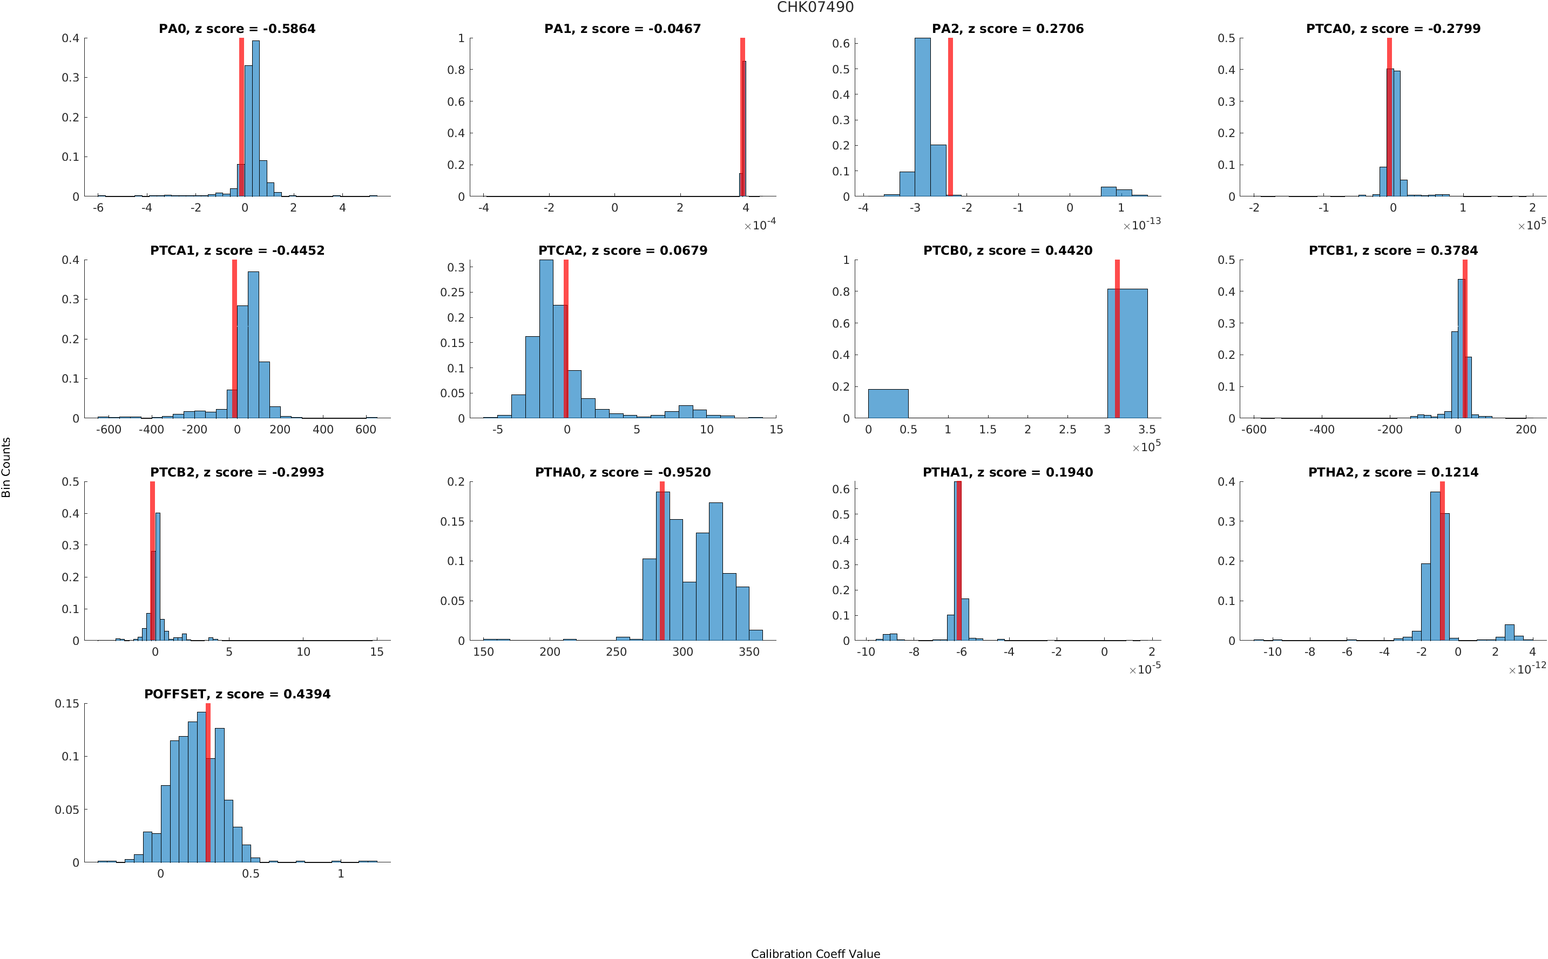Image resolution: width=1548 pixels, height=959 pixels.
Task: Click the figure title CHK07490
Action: pyautogui.click(x=815, y=7)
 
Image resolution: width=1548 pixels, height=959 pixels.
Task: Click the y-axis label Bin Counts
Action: pyautogui.click(x=6, y=467)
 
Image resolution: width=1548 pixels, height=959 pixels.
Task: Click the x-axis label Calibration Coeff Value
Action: pyautogui.click(x=815, y=953)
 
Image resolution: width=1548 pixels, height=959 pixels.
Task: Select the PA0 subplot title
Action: pyautogui.click(x=236, y=29)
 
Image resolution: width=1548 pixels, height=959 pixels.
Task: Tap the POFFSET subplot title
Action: pyautogui.click(x=237, y=694)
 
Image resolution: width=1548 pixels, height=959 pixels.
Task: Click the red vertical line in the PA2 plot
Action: pyautogui.click(x=950, y=117)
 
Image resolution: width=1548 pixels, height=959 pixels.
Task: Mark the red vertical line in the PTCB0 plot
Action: pyautogui.click(x=1117, y=339)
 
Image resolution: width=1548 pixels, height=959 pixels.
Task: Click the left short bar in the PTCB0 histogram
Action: pyautogui.click(x=888, y=403)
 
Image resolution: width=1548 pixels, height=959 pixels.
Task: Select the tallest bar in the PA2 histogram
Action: pyautogui.click(x=922, y=117)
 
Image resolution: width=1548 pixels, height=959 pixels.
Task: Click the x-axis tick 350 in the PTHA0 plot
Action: pyautogui.click(x=749, y=651)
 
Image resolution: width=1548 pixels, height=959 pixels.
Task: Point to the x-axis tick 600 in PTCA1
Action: pyautogui.click(x=366, y=430)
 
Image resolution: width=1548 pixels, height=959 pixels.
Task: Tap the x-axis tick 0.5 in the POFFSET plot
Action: pyautogui.click(x=251, y=873)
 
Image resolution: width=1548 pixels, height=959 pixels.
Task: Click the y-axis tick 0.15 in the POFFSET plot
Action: pyautogui.click(x=67, y=703)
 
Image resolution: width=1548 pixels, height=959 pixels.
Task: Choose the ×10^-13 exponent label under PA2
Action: pyautogui.click(x=1142, y=224)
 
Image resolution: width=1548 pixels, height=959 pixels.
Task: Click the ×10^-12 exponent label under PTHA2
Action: pyautogui.click(x=1527, y=668)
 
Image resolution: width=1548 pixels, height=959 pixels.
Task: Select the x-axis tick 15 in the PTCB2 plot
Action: pyautogui.click(x=377, y=651)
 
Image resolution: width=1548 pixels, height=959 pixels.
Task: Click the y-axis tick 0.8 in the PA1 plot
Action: pyautogui.click(x=456, y=70)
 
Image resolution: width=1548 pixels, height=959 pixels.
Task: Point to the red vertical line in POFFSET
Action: pyautogui.click(x=208, y=783)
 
